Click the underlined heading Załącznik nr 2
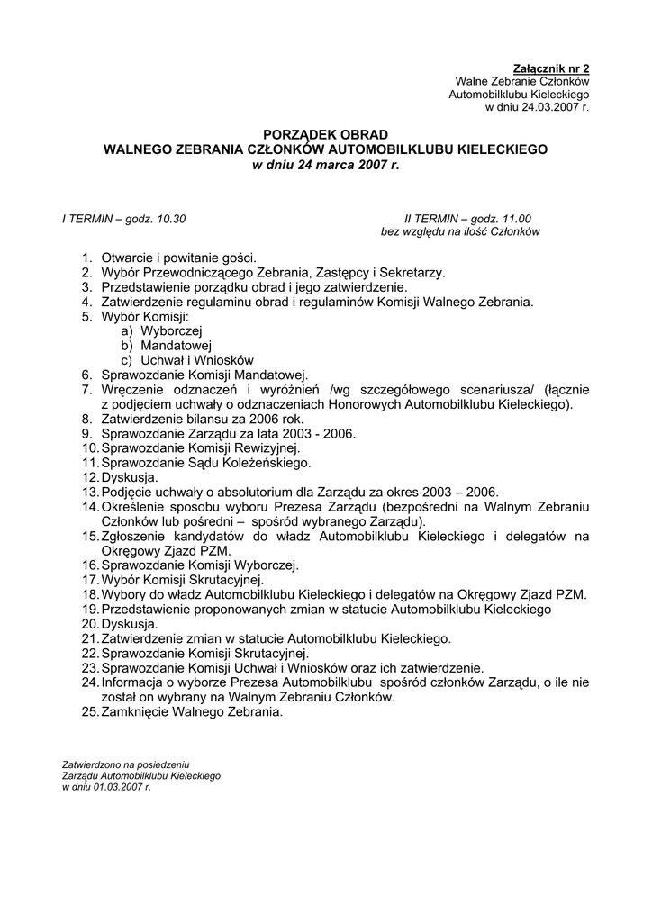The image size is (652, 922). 550,68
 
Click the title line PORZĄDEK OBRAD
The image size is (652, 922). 325,134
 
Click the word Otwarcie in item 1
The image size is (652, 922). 127,258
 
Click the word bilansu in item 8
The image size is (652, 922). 204,419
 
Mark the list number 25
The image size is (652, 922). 89,711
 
